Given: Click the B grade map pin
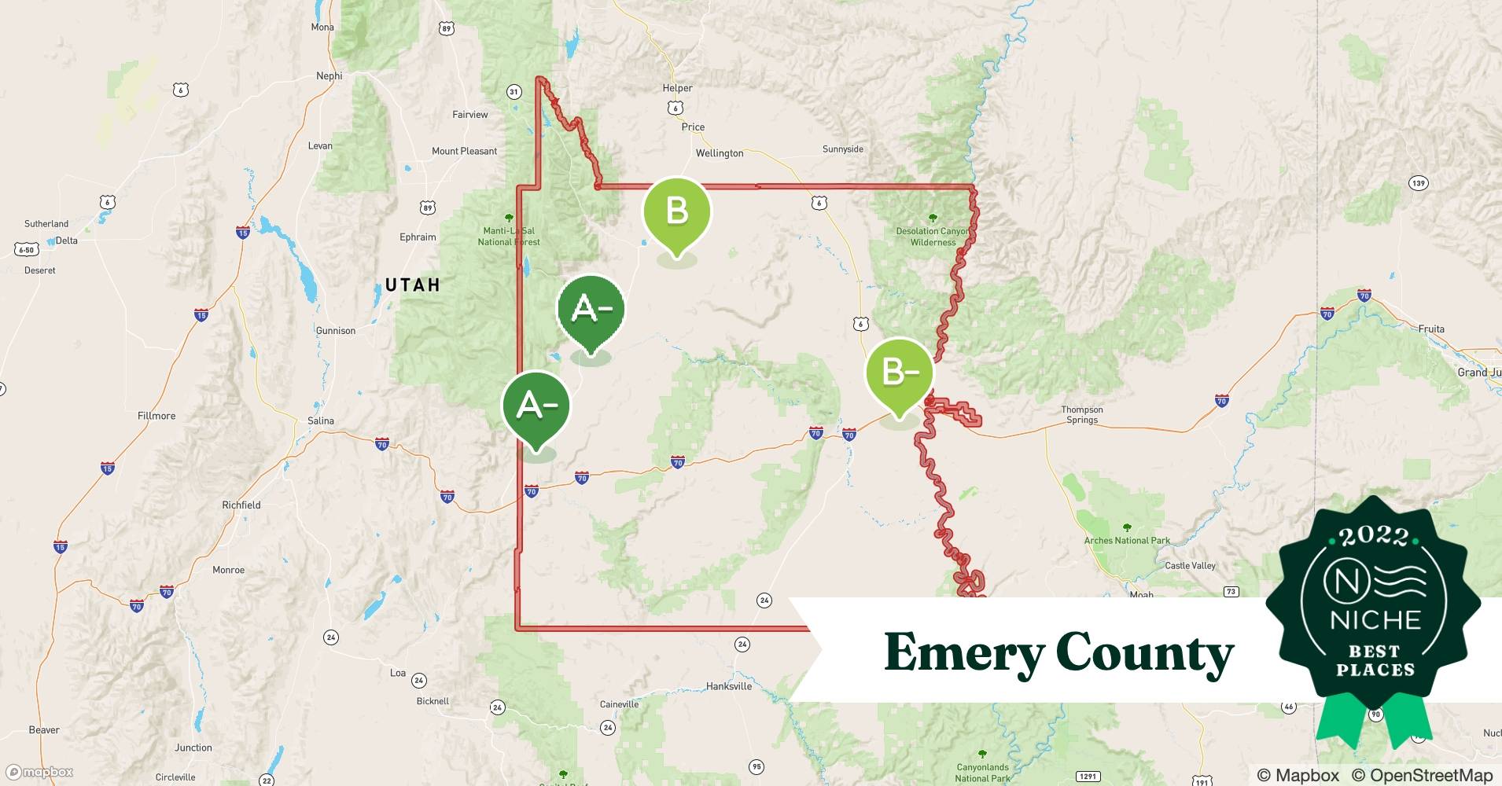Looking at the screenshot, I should pos(676,212).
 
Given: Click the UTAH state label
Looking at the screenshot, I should pos(413,285).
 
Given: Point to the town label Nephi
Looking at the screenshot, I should pos(329,76).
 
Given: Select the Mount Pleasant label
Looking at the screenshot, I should pos(464,151).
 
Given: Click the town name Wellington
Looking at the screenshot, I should pos(719,153).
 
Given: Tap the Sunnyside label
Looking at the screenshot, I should pos(842,149).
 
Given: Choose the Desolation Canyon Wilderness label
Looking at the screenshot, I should pos(933,237).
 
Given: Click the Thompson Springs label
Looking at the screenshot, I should pos(1082,415).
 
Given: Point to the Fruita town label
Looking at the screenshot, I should pos(1431,329).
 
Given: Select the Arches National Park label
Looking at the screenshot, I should pos(1126,540).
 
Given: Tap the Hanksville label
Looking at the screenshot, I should pos(728,686).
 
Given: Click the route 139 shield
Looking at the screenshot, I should pos(1418,183).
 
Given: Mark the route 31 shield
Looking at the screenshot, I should pos(514,92).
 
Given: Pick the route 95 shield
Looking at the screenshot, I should pos(756,766).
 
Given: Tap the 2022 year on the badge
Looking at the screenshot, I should pos(1373,537).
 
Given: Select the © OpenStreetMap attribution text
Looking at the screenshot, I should pos(1422,775).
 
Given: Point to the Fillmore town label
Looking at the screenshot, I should pos(156,416).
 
